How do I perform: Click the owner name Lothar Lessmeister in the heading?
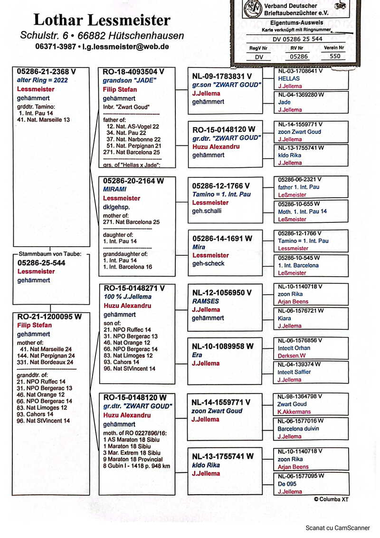point(102,20)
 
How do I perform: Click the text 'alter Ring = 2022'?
point(42,80)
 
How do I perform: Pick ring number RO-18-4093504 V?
point(133,72)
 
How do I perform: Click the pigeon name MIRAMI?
point(114,189)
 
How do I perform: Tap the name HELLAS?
point(289,78)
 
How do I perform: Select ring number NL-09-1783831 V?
point(222,76)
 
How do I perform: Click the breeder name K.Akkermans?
point(295,412)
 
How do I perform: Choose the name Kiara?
point(285,318)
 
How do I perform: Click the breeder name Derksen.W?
point(292,355)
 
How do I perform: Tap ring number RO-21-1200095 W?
point(49,317)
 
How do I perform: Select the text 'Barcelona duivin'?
point(299,429)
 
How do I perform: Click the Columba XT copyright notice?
point(332,500)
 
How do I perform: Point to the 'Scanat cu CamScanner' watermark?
point(338,528)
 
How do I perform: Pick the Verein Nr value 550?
point(334,56)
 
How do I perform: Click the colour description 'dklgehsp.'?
point(116,207)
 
